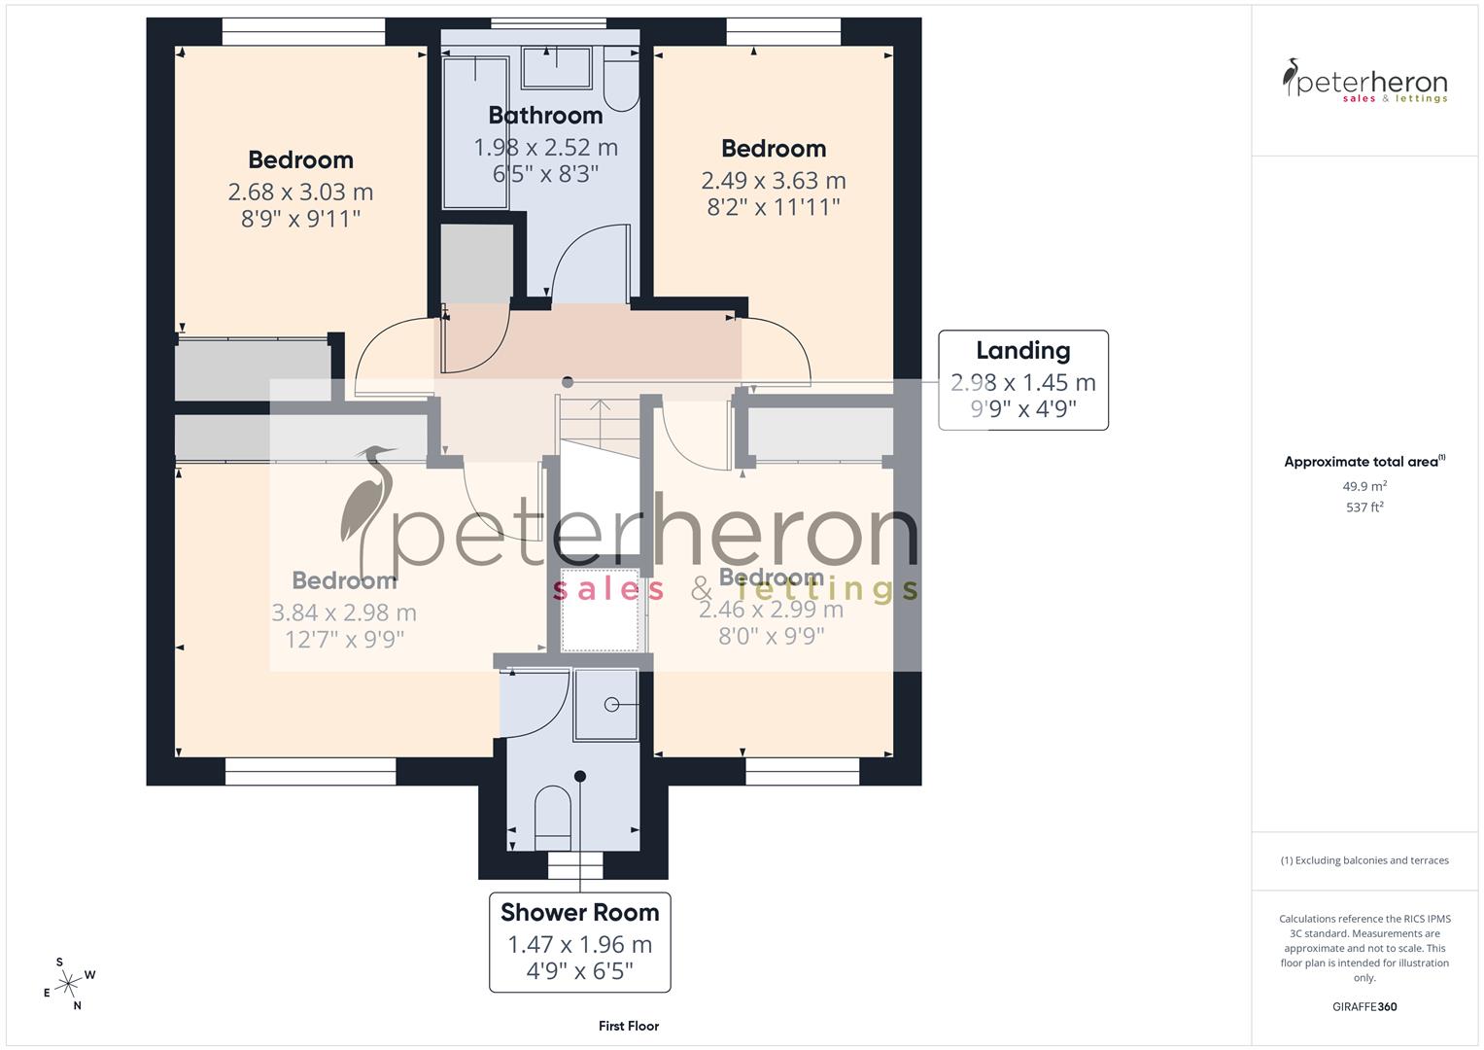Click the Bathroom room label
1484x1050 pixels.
545,116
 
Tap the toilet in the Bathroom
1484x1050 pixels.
619,83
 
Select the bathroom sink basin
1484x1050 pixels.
556,67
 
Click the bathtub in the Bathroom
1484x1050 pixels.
475,132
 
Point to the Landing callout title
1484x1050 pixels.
1022,351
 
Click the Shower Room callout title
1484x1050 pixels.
579,913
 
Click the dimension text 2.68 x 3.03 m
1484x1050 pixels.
301,192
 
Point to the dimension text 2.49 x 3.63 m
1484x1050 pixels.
774,181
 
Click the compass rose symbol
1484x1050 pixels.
68,984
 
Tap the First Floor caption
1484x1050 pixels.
629,1026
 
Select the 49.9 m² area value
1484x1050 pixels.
1364,486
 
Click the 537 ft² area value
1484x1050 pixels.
1364,507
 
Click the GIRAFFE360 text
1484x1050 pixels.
1364,1006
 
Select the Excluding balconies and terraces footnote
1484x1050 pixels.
1364,860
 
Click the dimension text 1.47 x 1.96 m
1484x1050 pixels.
579,945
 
